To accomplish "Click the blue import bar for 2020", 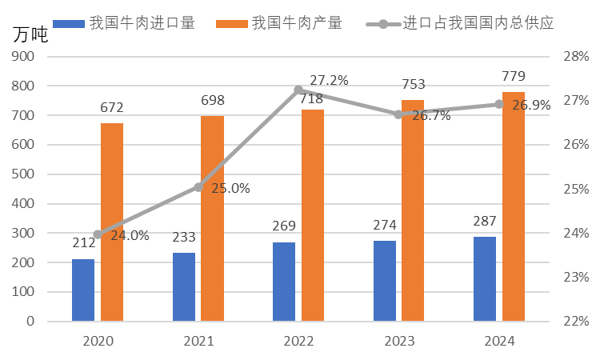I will click(x=83, y=290).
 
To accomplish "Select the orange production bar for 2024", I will click(x=514, y=206).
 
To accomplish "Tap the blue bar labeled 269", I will click(x=284, y=282).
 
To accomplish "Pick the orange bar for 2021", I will click(x=212, y=218).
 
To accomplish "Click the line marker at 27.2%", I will click(x=298, y=90).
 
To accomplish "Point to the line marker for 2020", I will click(x=98, y=234).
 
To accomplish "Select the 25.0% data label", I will click(x=230, y=189).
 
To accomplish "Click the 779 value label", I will click(x=514, y=77).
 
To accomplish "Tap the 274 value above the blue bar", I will click(x=385, y=225).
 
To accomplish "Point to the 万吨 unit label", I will click(x=30, y=35).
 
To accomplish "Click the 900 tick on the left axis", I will click(x=23, y=57).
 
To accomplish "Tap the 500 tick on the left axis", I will click(x=23, y=174).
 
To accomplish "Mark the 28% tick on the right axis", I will click(x=576, y=57).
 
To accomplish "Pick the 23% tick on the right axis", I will click(x=576, y=277).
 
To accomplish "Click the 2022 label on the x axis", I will click(x=298, y=341).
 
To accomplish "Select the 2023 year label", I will click(x=399, y=341).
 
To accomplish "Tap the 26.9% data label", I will click(x=531, y=106).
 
